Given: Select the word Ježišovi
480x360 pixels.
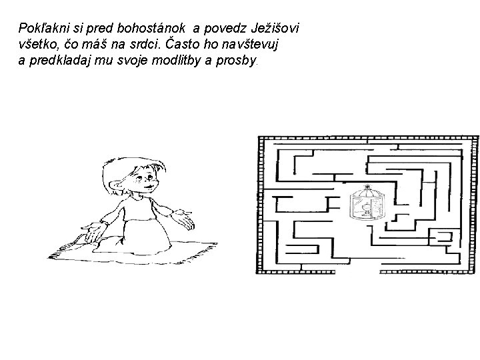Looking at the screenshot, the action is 275,29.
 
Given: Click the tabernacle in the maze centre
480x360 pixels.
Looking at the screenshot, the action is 365,203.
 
